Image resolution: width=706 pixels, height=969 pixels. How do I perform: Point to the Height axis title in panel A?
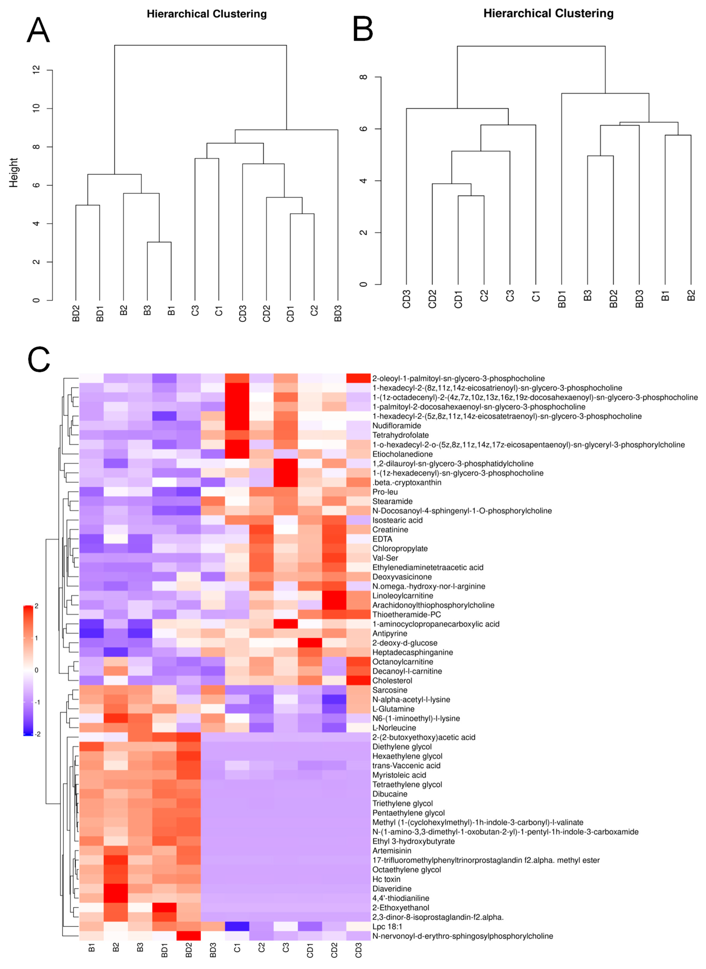point(14,173)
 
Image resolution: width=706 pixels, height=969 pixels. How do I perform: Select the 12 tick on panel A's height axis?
point(36,70)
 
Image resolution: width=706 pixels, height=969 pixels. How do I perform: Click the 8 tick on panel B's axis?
point(363,77)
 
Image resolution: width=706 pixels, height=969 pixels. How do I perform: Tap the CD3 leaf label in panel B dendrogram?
point(406,299)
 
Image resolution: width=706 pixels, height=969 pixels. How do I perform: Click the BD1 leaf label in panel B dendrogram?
point(562,299)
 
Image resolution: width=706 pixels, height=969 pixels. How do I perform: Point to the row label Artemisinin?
point(392,851)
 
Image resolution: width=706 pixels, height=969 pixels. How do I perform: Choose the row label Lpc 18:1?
point(387,926)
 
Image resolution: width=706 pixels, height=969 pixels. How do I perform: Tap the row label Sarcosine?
point(390,690)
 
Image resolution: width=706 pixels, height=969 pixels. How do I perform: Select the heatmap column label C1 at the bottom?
point(237,948)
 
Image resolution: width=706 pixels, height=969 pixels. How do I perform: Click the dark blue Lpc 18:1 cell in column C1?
point(237,926)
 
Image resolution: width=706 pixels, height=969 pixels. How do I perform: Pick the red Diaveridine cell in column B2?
point(116,888)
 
